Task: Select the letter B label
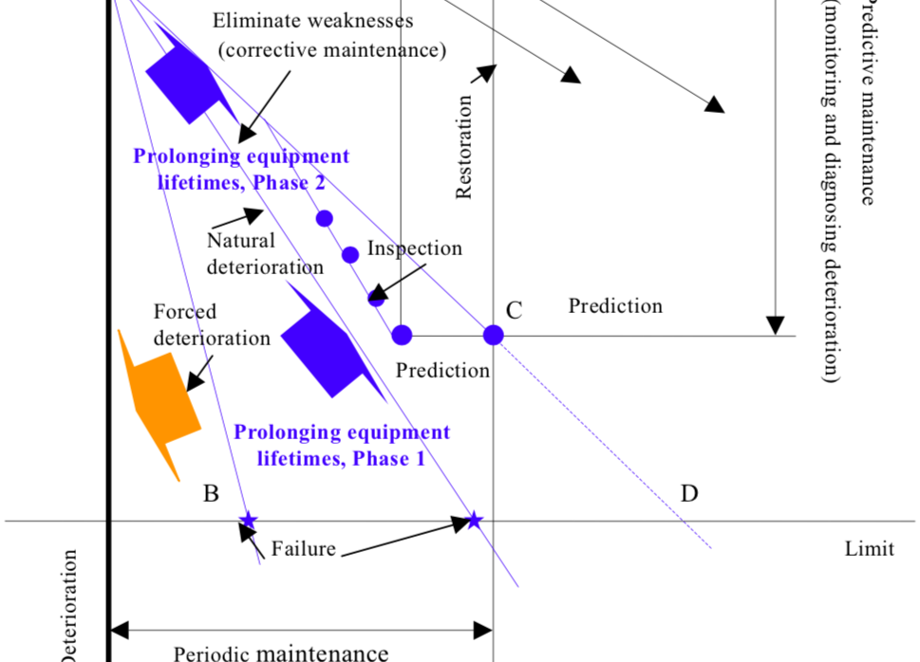[x=211, y=493]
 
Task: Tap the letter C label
[x=514, y=310]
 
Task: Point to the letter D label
[x=689, y=493]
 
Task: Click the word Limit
[x=869, y=549]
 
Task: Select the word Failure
[x=303, y=548]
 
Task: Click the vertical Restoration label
[x=464, y=147]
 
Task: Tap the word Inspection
[x=415, y=248]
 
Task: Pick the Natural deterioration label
[x=264, y=254]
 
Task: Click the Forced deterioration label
[x=211, y=324]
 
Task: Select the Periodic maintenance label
[x=281, y=653]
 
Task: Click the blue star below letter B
[x=248, y=520]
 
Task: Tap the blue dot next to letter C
[x=493, y=335]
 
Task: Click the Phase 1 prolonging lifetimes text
[x=342, y=446]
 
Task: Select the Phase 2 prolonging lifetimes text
[x=241, y=170]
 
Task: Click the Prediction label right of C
[x=615, y=305]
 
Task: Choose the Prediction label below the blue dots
[x=442, y=370]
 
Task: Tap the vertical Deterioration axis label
[x=68, y=607]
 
